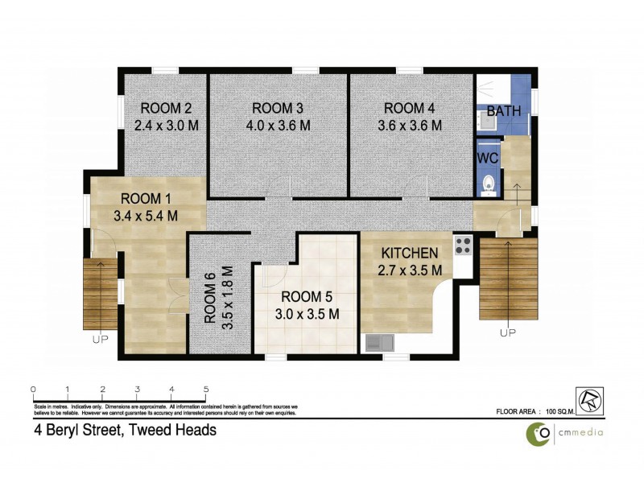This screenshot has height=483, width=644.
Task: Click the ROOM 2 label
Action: pyautogui.click(x=166, y=109)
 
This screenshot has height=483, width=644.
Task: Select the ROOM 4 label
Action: pyautogui.click(x=410, y=109)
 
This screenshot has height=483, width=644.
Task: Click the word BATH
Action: pyautogui.click(x=504, y=111)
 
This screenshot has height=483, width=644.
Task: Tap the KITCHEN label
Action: pyautogui.click(x=410, y=253)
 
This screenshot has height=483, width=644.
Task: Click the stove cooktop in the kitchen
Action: pyautogui.click(x=463, y=244)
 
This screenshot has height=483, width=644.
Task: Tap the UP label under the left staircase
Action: pyautogui.click(x=100, y=340)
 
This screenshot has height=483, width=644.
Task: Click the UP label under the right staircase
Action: pyautogui.click(x=507, y=332)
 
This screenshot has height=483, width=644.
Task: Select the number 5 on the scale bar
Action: pyautogui.click(x=206, y=390)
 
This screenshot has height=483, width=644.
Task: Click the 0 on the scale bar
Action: pyautogui.click(x=33, y=390)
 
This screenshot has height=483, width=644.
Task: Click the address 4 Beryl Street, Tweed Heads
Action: pyautogui.click(x=125, y=431)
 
